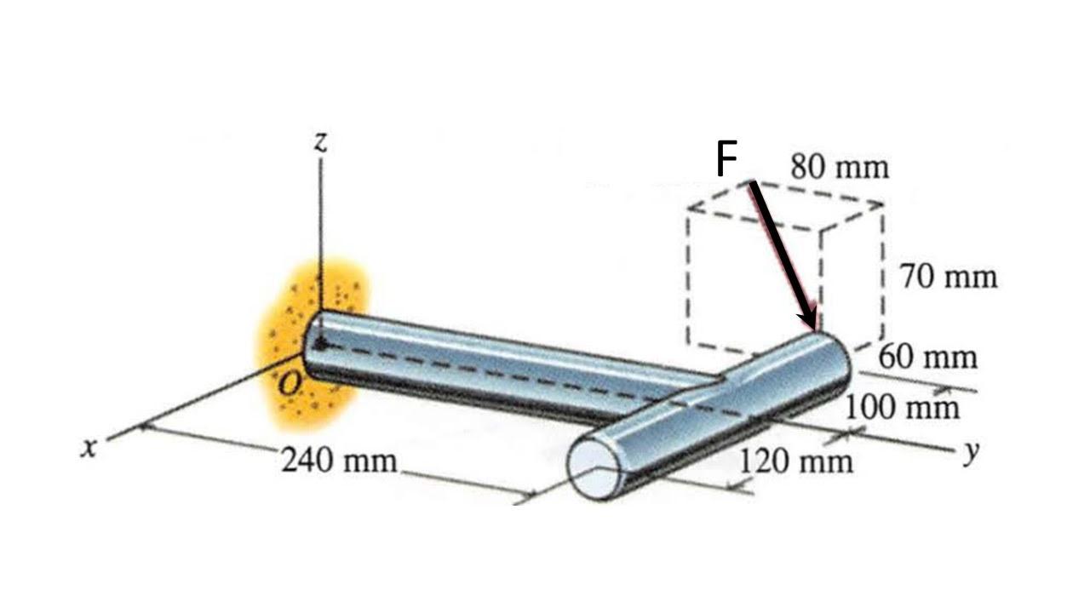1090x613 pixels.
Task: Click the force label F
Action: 726,160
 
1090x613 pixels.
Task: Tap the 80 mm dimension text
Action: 839,167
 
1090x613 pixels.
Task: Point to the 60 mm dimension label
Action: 928,356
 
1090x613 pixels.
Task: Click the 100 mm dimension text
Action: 902,408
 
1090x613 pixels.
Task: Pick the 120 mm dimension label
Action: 795,461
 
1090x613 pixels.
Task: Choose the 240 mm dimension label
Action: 339,461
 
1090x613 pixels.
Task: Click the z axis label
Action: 320,142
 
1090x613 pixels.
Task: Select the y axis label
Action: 969,453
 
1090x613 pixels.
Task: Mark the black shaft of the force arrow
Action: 779,251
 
